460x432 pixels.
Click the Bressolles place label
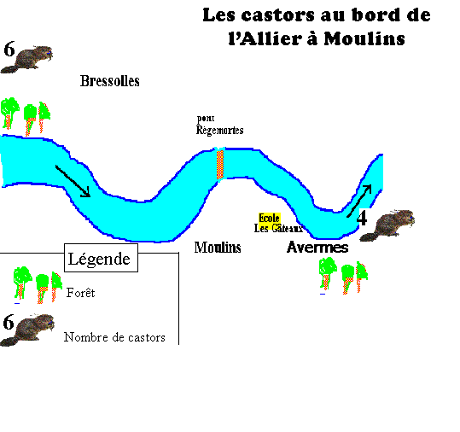click(110, 81)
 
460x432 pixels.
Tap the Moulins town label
click(218, 248)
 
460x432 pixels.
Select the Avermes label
click(317, 247)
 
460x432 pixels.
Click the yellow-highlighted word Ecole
click(270, 218)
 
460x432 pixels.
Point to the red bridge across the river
click(220, 165)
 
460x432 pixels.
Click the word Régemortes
click(219, 131)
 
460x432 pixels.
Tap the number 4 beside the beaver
click(362, 218)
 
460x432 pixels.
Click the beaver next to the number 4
click(387, 225)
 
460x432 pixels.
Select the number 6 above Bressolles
click(9, 49)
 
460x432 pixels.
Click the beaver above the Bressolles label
click(27, 59)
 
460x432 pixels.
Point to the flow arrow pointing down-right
click(73, 181)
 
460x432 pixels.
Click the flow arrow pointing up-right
click(359, 201)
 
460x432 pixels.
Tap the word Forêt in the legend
click(81, 293)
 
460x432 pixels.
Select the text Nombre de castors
click(114, 337)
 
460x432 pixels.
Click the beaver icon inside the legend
click(27, 330)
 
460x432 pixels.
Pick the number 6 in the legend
click(9, 322)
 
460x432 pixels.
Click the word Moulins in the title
click(364, 38)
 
